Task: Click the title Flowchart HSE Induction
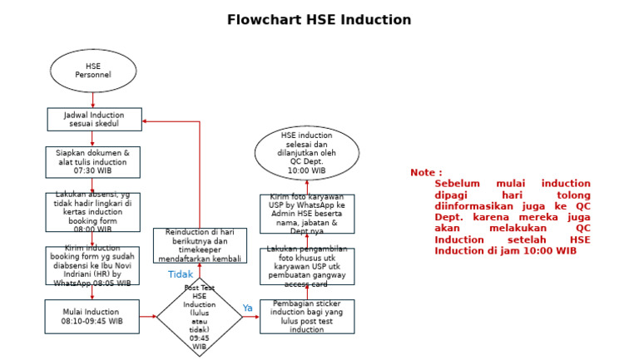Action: point(319,20)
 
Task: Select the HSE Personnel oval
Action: point(93,71)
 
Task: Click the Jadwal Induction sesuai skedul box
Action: point(93,120)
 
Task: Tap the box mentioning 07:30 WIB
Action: point(93,162)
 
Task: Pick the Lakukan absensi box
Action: point(93,211)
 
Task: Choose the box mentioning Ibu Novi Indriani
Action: point(93,265)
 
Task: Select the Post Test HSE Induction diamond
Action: point(199,317)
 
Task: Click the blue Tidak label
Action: point(181,274)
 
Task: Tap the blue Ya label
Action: point(247,308)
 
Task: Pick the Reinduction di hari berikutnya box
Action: point(200,245)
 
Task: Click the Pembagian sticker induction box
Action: point(307,317)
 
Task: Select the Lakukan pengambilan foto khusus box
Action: point(307,266)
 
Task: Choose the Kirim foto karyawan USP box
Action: point(307,214)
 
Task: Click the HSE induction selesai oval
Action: point(307,153)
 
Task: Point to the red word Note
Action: point(426,173)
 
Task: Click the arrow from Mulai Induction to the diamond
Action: point(148,317)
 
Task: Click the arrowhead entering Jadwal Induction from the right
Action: point(146,121)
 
